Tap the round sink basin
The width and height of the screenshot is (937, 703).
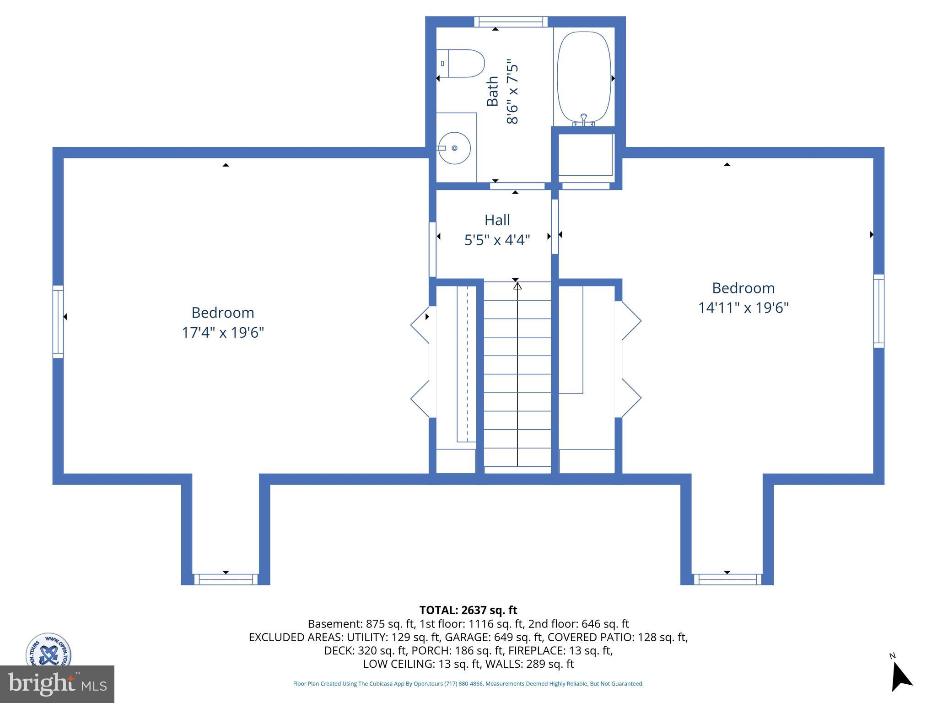[x=454, y=148]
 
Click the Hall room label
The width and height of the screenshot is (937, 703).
[x=497, y=220]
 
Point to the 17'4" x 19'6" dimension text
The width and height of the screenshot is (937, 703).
[x=223, y=332]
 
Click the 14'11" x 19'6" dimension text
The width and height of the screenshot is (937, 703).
[x=743, y=308]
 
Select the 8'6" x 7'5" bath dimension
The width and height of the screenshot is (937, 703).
[x=512, y=93]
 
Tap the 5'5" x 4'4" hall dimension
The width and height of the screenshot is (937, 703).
[x=497, y=240]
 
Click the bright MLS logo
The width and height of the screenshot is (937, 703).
[x=57, y=684]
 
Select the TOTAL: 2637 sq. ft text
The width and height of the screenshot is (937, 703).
[x=468, y=610]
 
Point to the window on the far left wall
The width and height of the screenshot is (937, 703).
[x=58, y=322]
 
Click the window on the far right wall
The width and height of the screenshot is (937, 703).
[x=878, y=311]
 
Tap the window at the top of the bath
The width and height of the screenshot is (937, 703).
[x=511, y=22]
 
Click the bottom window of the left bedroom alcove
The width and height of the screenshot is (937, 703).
[x=226, y=579]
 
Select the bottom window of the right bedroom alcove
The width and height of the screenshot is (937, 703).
[x=727, y=579]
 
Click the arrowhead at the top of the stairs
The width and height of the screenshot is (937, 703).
[x=517, y=286]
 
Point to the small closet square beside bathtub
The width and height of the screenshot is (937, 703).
[x=585, y=155]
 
